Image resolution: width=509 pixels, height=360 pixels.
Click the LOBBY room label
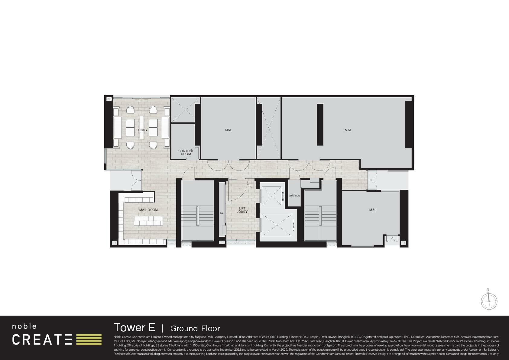pyautogui.click(x=142, y=130)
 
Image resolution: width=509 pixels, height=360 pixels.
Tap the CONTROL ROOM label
pyautogui.click(x=186, y=152)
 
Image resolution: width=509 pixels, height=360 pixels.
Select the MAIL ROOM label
pyautogui.click(x=148, y=210)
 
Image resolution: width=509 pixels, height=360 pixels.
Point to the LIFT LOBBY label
pyautogui.click(x=242, y=210)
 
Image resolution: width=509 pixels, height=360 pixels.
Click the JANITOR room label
pyautogui.click(x=294, y=196)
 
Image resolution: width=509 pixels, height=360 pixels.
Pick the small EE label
pyautogui.click(x=222, y=213)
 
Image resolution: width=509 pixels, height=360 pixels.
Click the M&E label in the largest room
pyautogui.click(x=348, y=130)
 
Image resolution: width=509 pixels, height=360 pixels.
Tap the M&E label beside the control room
pyautogui.click(x=229, y=130)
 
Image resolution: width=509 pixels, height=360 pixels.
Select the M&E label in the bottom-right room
pyautogui.click(x=373, y=210)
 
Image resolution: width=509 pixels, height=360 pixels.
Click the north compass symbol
pyautogui.click(x=489, y=301)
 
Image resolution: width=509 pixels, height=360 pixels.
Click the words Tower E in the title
pyautogui.click(x=134, y=328)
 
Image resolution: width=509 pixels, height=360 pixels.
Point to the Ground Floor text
pyautogui.click(x=195, y=329)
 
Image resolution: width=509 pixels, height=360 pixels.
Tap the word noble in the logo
pyautogui.click(x=24, y=326)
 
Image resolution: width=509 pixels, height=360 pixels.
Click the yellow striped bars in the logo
pyautogui.click(x=89, y=339)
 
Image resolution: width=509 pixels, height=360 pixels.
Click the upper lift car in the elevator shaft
pyautogui.click(x=271, y=196)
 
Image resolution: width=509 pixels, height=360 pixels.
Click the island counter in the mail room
pyautogui.click(x=148, y=221)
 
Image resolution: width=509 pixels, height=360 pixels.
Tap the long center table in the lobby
pyautogui.click(x=142, y=127)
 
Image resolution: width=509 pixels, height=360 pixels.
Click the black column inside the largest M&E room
pyautogui.click(x=320, y=125)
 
